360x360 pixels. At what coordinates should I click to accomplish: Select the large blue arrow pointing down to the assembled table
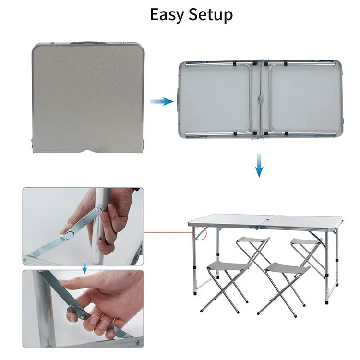coord(259,166)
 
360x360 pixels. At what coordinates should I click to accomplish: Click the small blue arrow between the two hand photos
coord(84,267)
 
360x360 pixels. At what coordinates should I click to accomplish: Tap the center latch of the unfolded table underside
coord(260,99)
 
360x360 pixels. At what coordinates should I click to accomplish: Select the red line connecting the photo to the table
coord(168,232)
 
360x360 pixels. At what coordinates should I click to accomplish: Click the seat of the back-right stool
coord(305,241)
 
